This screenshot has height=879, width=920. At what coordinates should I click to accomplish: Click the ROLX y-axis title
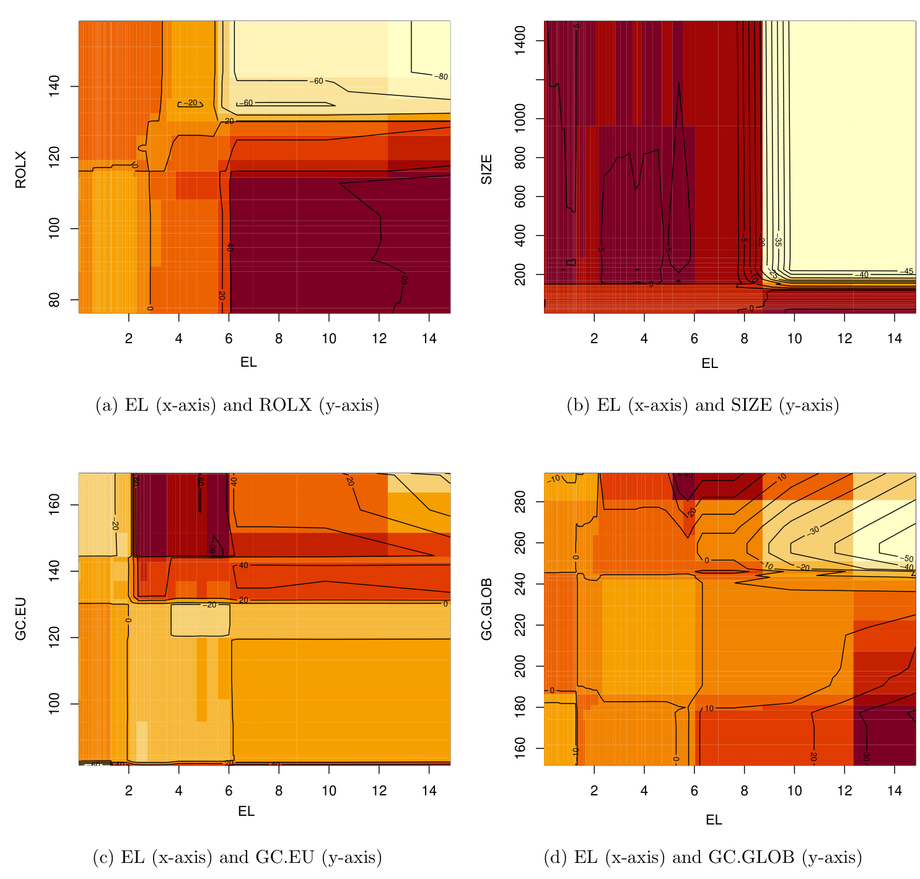coord(20,169)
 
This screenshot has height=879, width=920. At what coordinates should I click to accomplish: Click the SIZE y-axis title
coord(487,169)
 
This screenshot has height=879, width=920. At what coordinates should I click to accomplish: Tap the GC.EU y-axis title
coord(20,619)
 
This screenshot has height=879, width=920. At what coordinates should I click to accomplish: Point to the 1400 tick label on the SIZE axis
coord(520,41)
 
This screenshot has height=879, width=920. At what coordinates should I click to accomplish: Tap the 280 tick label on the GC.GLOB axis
coord(520,502)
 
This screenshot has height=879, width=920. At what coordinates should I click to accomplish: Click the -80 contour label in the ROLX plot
coord(440,77)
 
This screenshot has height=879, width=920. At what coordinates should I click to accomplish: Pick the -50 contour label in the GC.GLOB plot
coord(906,559)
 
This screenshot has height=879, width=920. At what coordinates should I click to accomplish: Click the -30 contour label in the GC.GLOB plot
coord(813,530)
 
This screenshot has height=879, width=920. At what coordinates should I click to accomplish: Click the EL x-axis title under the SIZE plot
coord(710,364)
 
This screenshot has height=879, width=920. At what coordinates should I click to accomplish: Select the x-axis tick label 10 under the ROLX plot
coord(329,338)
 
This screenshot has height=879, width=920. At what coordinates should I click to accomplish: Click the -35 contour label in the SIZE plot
coord(778,242)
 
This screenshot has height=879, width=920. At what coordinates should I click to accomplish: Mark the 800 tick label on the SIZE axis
coord(520,157)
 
